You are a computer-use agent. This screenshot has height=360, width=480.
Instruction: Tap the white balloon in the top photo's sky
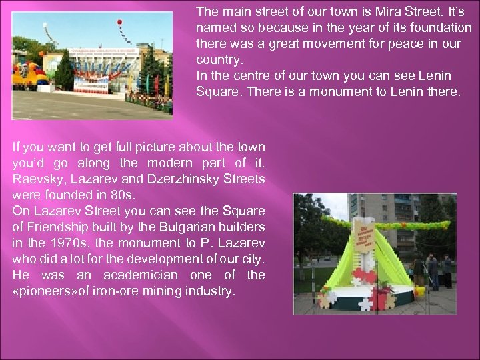(x=46, y=27)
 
